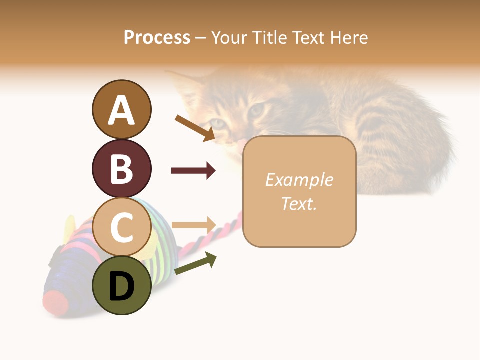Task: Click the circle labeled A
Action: click(121, 109)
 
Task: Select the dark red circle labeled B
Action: click(121, 168)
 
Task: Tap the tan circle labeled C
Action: click(121, 227)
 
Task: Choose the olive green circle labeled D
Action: click(121, 285)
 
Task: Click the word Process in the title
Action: click(157, 37)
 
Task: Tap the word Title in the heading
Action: click(269, 37)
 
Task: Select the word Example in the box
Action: click(299, 180)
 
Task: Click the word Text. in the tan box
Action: click(299, 203)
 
